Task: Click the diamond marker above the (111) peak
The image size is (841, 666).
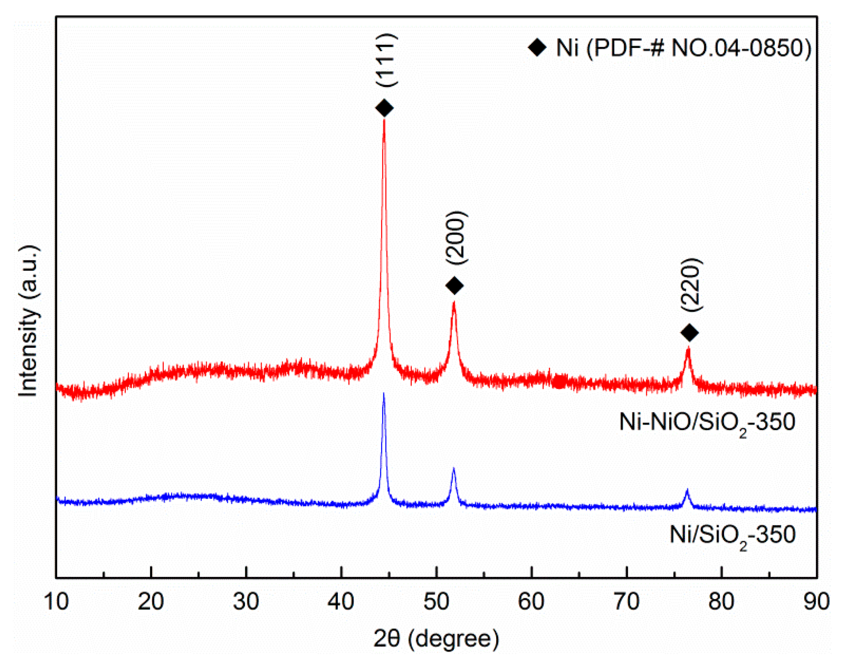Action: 384,108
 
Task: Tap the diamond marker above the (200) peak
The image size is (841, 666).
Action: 454,286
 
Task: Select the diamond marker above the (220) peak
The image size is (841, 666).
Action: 689,333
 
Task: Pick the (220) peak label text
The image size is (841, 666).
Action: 691,285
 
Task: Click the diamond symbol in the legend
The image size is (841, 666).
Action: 537,48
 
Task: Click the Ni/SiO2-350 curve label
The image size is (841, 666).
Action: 732,535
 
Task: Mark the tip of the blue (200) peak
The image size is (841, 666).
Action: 453,468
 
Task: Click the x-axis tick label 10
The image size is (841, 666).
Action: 56,601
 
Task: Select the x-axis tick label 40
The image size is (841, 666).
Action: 341,601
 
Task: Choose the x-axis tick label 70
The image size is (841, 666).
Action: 627,601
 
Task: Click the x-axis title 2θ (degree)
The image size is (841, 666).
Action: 436,639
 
